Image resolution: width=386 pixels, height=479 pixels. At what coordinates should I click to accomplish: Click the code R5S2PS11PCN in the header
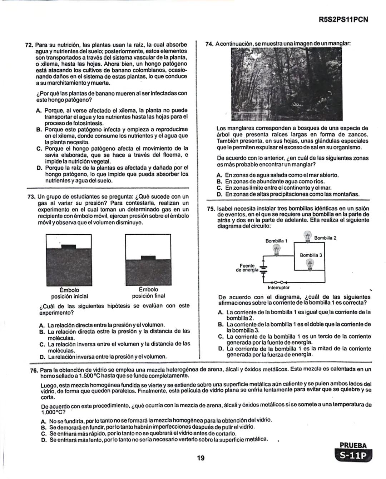[343, 20]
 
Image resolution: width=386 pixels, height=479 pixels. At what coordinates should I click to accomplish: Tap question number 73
[31, 197]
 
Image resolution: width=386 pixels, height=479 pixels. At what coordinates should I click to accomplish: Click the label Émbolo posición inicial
[69, 293]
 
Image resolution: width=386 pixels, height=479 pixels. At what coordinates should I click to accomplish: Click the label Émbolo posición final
[148, 293]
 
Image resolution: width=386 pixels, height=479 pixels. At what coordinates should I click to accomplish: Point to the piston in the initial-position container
[69, 246]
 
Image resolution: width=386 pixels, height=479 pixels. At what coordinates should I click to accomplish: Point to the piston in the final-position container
[148, 258]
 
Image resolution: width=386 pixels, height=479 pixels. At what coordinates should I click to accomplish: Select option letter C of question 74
[220, 188]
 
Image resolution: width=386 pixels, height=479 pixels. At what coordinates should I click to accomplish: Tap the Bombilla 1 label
[276, 241]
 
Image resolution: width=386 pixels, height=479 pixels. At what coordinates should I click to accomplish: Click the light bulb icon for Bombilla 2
[307, 236]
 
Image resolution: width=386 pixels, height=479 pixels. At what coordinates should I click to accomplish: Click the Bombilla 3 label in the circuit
[311, 255]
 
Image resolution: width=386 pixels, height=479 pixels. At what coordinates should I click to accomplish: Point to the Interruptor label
[278, 287]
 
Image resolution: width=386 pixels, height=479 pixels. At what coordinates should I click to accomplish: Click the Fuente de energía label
[247, 268]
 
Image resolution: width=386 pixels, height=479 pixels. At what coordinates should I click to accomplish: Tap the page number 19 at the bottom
[201, 458]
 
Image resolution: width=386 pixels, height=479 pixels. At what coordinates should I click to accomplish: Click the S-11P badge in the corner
[353, 456]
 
